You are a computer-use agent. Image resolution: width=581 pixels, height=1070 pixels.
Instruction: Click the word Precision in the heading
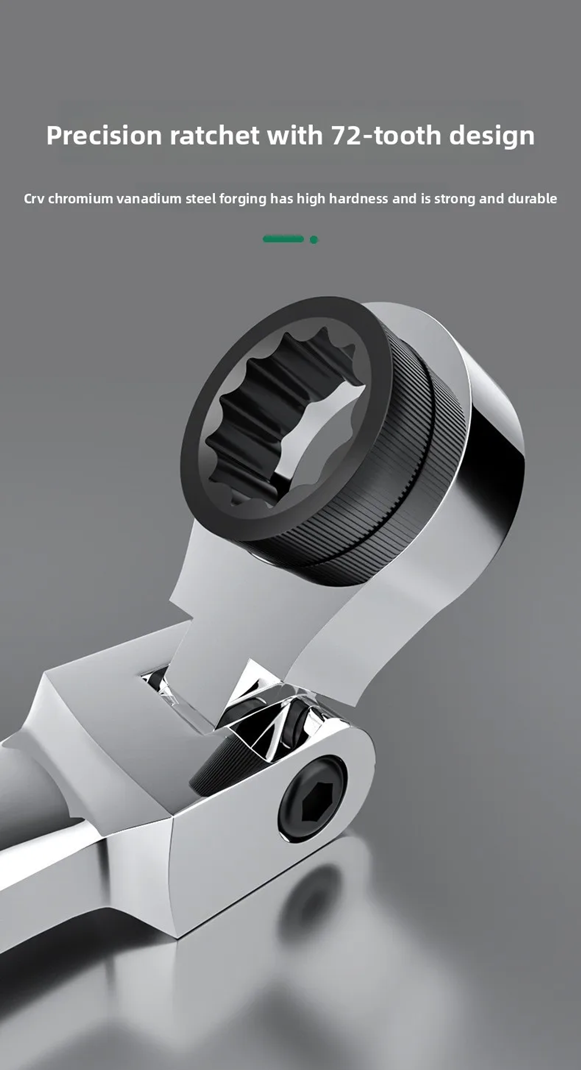point(104,135)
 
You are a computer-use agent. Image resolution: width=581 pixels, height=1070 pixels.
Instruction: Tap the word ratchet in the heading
point(215,135)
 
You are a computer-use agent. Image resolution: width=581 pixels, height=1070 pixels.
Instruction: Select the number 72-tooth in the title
point(386,135)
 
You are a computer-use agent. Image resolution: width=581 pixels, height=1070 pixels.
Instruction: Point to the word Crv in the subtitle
point(33,199)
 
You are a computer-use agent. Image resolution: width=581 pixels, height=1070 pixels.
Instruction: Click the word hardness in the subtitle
point(359,199)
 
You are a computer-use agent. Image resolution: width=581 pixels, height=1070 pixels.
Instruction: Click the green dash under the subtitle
point(284,239)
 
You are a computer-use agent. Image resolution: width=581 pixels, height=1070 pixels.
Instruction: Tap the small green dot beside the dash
point(314,240)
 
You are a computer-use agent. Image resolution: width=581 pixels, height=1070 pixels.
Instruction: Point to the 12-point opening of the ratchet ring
point(286,420)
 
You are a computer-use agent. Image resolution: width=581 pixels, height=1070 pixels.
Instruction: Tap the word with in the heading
point(295,135)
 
